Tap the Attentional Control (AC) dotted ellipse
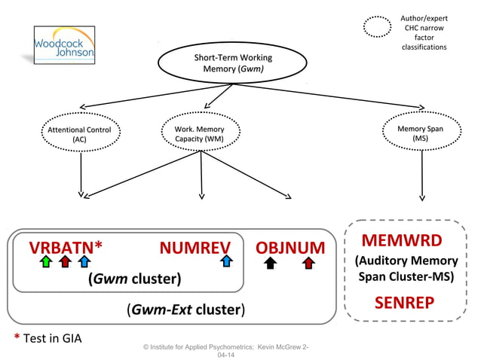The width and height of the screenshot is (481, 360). click(x=80, y=134)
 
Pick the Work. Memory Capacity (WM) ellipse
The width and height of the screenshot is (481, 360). click(x=199, y=134)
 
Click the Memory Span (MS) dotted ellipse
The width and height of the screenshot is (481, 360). click(x=421, y=133)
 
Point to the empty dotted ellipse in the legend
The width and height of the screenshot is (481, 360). click(x=377, y=27)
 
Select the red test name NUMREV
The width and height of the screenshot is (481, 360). click(x=195, y=248)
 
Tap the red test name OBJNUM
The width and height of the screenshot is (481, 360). click(x=290, y=248)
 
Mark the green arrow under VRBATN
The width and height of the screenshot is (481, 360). click(x=46, y=262)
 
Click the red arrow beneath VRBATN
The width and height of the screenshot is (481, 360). click(x=65, y=262)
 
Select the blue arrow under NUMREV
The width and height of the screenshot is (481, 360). click(x=225, y=262)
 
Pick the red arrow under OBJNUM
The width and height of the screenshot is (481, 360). click(x=308, y=262)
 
